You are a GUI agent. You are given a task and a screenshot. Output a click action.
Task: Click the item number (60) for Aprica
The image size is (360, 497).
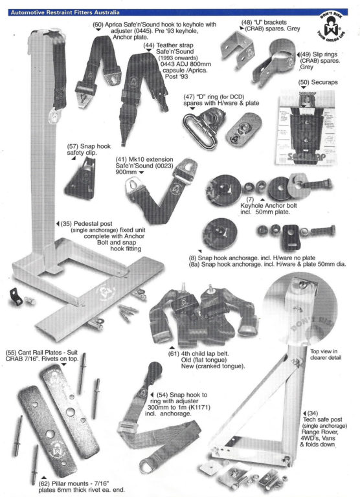[x=98, y=25]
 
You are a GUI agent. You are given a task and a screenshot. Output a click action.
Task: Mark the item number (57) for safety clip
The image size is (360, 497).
[x=73, y=146]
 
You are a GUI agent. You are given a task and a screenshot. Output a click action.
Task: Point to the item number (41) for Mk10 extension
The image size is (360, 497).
[x=121, y=158]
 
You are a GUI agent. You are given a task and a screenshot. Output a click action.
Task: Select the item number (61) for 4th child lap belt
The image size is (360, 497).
[x=174, y=353]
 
